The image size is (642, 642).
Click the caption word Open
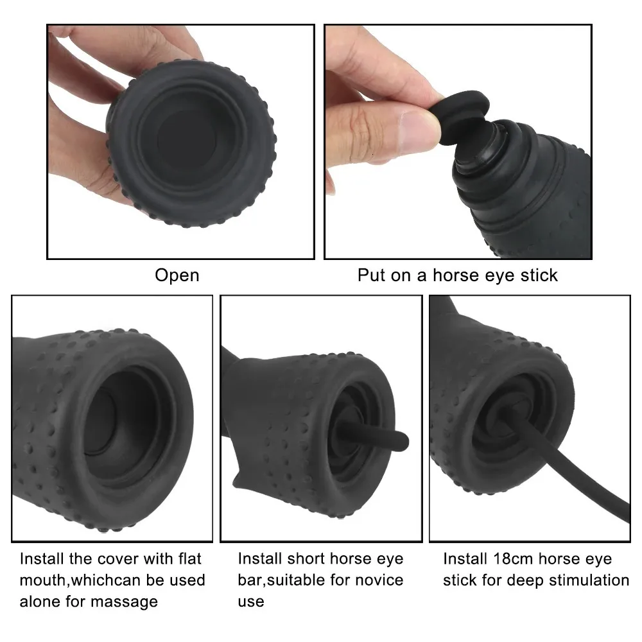pyautogui.click(x=177, y=275)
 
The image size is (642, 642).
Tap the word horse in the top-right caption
pyautogui.click(x=455, y=275)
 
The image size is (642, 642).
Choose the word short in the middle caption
pyautogui.click(x=306, y=559)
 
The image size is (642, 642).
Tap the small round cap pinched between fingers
pyautogui.click(x=460, y=117)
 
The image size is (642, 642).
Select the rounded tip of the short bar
pyautogui.click(x=403, y=442)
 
